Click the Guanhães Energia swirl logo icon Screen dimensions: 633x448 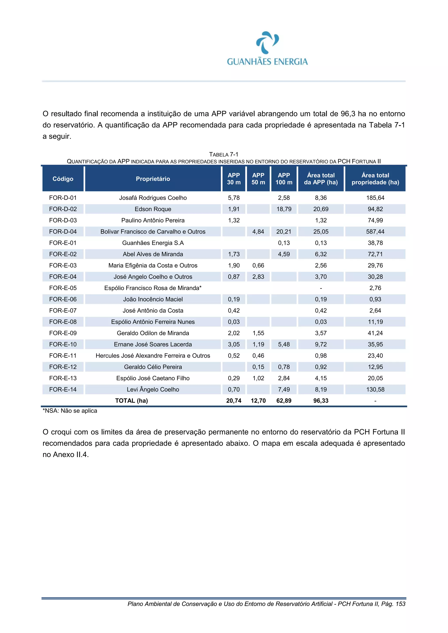point(267,42)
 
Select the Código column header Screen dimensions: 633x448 point(63,179)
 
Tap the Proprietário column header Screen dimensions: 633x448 point(153,179)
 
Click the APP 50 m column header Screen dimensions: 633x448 point(258,179)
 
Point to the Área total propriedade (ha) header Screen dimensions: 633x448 point(375,179)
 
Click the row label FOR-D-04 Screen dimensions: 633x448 point(63,232)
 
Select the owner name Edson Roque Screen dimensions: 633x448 point(153,209)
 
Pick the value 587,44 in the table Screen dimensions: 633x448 point(375,232)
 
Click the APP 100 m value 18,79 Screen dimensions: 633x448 point(284,209)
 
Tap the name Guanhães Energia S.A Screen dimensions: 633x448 point(153,243)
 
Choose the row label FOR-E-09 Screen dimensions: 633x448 point(63,333)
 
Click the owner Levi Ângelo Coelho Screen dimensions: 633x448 point(153,390)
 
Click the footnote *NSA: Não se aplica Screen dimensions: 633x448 point(70,411)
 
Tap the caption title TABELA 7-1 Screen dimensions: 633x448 point(224,154)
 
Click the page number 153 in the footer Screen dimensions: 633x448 point(400,604)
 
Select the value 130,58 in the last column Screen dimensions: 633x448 point(375,390)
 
